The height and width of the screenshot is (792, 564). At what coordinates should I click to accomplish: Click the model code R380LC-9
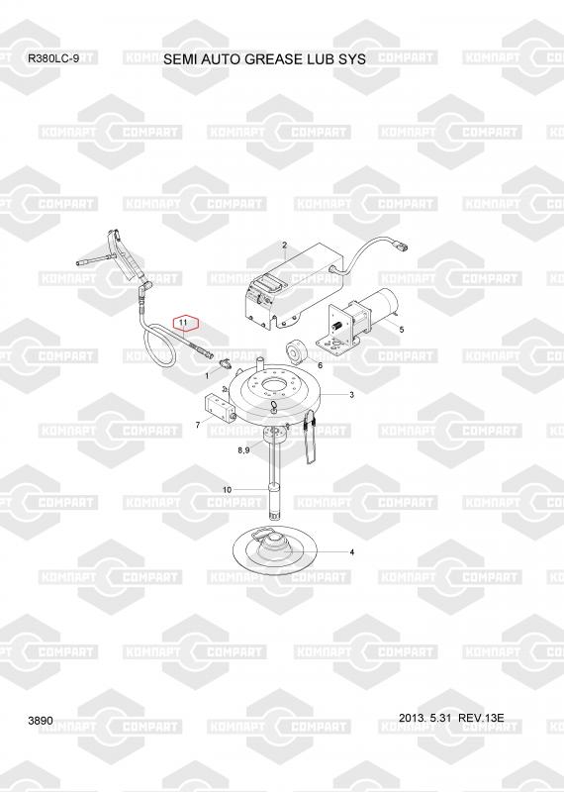(x=53, y=58)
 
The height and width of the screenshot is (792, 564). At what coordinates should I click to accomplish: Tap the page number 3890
(x=41, y=721)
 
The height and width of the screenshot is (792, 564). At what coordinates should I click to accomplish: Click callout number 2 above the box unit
(x=284, y=245)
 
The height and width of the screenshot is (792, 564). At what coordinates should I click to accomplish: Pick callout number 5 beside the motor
(x=402, y=330)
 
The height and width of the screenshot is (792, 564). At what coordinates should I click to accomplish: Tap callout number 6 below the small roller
(x=321, y=364)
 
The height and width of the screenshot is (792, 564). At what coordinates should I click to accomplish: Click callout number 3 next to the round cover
(x=352, y=395)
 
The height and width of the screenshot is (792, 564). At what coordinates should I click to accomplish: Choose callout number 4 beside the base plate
(x=352, y=552)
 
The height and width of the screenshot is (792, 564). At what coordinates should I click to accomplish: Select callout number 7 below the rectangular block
(x=198, y=426)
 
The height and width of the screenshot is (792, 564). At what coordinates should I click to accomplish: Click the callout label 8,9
(x=243, y=450)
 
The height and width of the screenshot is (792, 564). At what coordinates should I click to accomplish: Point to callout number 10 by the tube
(x=228, y=489)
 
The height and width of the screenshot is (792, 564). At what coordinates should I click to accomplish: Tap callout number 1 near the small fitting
(x=207, y=376)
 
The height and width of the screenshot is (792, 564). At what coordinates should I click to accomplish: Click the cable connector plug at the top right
(x=402, y=247)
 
